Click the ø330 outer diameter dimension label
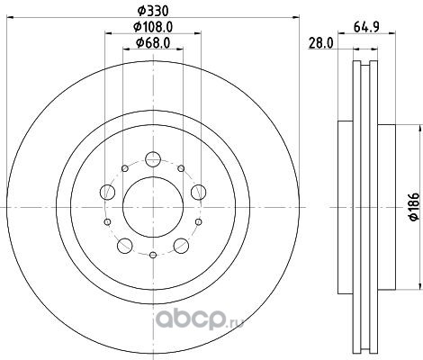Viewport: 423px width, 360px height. point(153,12)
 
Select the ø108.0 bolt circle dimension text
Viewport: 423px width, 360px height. point(153,27)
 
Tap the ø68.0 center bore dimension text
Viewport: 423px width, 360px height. point(153,43)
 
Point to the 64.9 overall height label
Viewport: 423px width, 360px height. point(366,27)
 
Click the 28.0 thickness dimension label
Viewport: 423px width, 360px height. point(321,44)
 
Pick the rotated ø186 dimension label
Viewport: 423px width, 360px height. point(414,207)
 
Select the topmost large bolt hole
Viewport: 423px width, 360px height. point(153,159)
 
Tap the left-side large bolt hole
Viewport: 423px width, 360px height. point(107,192)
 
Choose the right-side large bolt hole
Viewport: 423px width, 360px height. point(199,192)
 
